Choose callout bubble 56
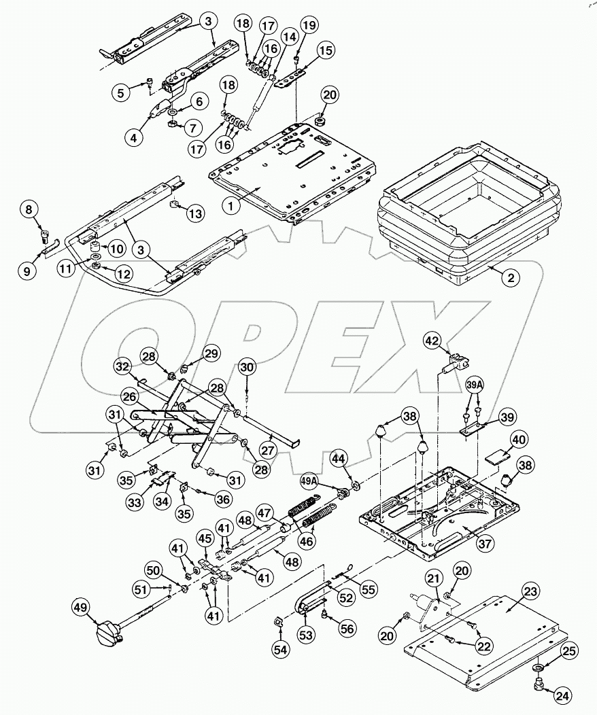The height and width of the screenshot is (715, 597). coord(346,629)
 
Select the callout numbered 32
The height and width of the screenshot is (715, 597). coord(122,366)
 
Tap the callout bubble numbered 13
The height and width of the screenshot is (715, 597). coord(195,214)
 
